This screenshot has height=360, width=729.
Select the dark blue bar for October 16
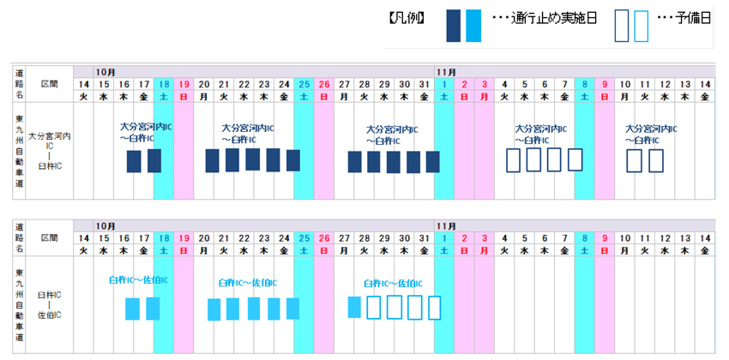pyautogui.click(x=134, y=161)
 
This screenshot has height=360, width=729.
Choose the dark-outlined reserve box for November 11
pyautogui.click(x=656, y=161)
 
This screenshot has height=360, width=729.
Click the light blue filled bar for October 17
pyautogui.click(x=154, y=309)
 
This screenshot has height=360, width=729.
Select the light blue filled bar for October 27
pyautogui.click(x=354, y=306)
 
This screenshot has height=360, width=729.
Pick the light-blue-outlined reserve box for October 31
pyautogui.click(x=434, y=307)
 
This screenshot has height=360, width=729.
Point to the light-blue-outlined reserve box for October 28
pyautogui.click(x=374, y=307)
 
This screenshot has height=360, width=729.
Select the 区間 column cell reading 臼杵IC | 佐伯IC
pyautogui.click(x=49, y=304)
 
